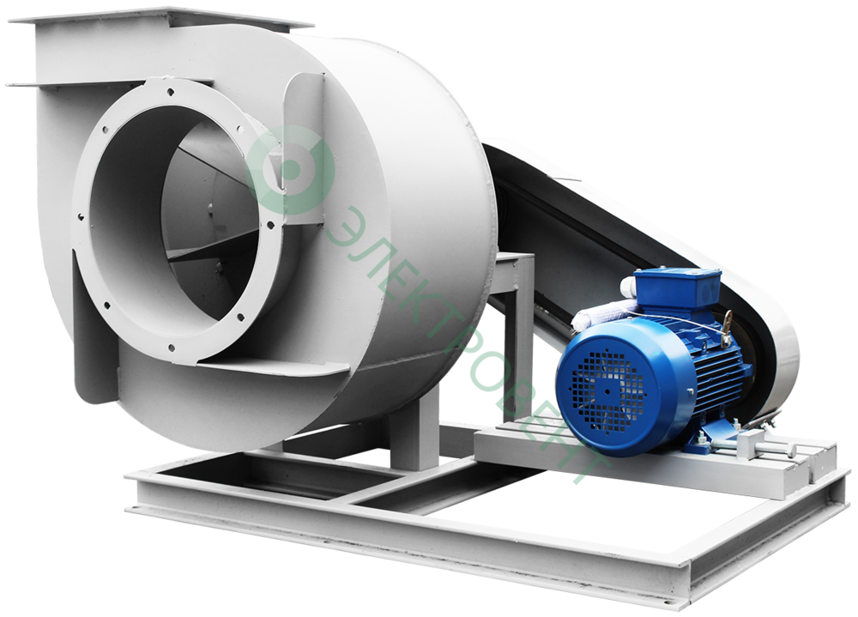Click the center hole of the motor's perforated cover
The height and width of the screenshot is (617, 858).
pyautogui.click(x=607, y=391)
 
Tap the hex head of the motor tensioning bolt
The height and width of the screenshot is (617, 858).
pyautogui.click(x=790, y=450)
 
